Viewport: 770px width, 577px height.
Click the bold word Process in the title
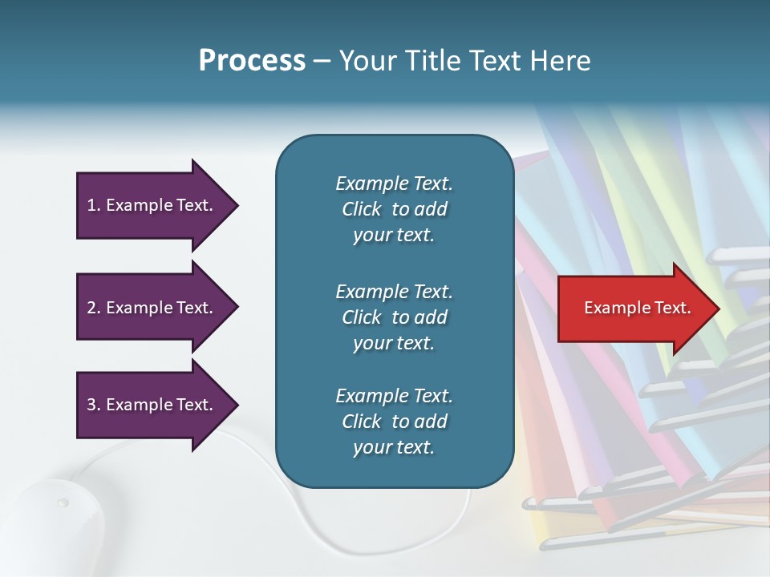pyautogui.click(x=252, y=62)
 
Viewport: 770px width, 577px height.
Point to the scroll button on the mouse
pyautogui.click(x=63, y=503)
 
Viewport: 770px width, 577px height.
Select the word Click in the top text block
pyautogui.click(x=361, y=209)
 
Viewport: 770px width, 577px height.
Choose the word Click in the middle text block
pyautogui.click(x=361, y=317)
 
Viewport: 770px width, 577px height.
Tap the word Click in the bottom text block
pyautogui.click(x=361, y=422)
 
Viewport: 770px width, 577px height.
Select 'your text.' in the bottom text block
pyautogui.click(x=393, y=448)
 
